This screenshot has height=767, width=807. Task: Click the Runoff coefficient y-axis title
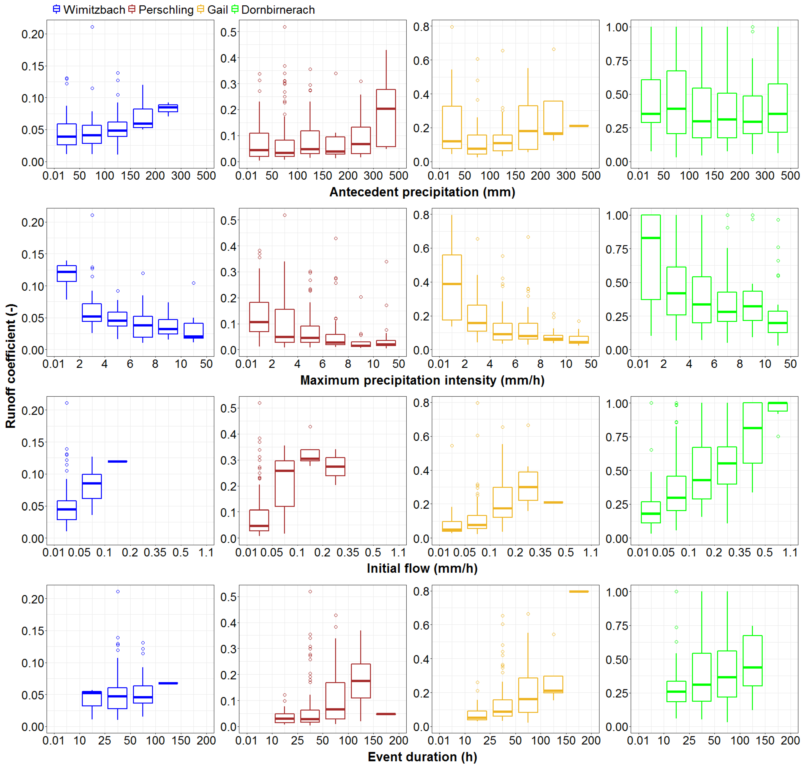click(x=11, y=366)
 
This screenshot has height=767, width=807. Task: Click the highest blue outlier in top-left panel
click(x=92, y=27)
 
